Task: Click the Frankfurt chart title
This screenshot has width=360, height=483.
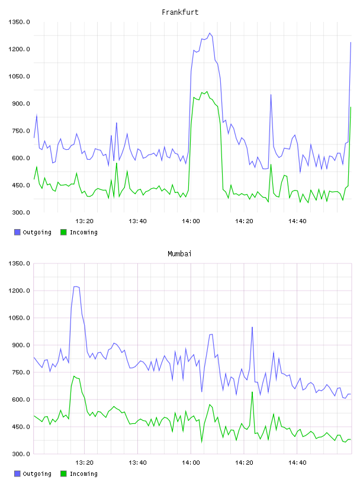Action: pos(180,12)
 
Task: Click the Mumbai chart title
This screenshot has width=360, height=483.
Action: pos(179,254)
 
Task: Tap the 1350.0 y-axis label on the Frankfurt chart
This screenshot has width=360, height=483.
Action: pos(19,22)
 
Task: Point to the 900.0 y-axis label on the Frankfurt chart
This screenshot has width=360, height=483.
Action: pos(21,104)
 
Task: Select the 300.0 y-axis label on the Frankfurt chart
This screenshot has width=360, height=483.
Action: pos(21,212)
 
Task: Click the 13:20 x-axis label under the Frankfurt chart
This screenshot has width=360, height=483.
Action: pos(84,221)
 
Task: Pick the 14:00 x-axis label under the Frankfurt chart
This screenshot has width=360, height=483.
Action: pos(191,221)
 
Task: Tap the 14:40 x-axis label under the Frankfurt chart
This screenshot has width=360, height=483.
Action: pos(297,221)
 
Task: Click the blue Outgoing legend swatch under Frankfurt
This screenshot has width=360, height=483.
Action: pos(17,232)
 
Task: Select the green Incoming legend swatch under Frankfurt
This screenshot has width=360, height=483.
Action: pos(63,232)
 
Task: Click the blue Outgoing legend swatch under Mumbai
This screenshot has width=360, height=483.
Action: pos(17,474)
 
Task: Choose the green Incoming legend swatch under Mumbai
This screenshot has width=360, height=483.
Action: pos(63,474)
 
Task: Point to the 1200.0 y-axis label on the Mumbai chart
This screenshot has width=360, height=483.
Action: pos(19,291)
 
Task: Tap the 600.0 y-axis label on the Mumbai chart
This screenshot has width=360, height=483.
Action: pos(21,400)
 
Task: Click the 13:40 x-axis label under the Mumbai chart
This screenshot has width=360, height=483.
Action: pos(137,463)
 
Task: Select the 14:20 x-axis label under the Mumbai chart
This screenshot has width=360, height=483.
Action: pos(244,463)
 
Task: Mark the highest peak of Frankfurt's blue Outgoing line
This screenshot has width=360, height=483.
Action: pos(210,33)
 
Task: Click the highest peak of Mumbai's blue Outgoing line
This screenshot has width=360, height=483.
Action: pos(76,286)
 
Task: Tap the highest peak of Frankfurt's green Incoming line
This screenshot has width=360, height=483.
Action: pos(207,92)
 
